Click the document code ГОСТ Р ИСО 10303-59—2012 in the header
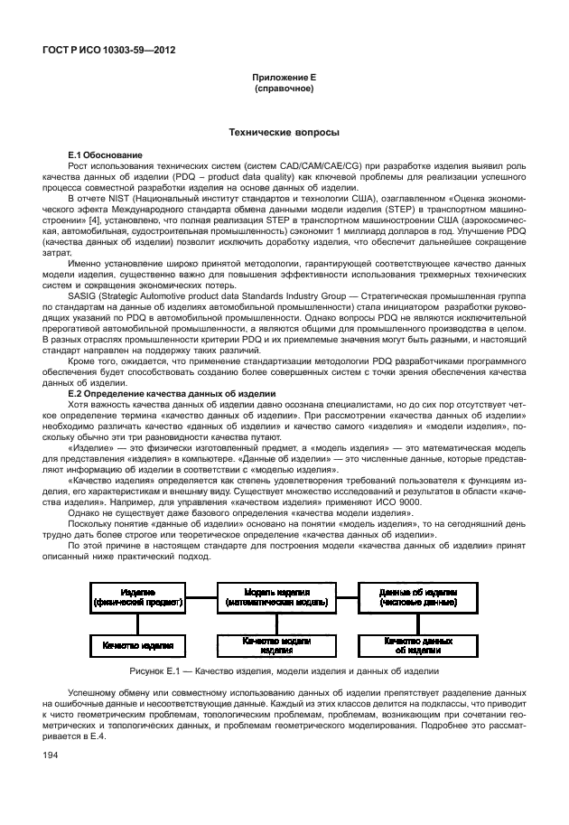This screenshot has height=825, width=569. (109, 51)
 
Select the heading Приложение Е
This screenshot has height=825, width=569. (284, 80)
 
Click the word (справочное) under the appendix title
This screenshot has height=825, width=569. (284, 89)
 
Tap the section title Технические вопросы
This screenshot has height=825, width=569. (284, 133)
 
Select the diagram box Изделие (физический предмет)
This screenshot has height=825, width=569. (137, 595)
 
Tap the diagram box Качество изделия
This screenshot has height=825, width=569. (137, 645)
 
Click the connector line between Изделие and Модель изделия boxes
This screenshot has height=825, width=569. (201, 595)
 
